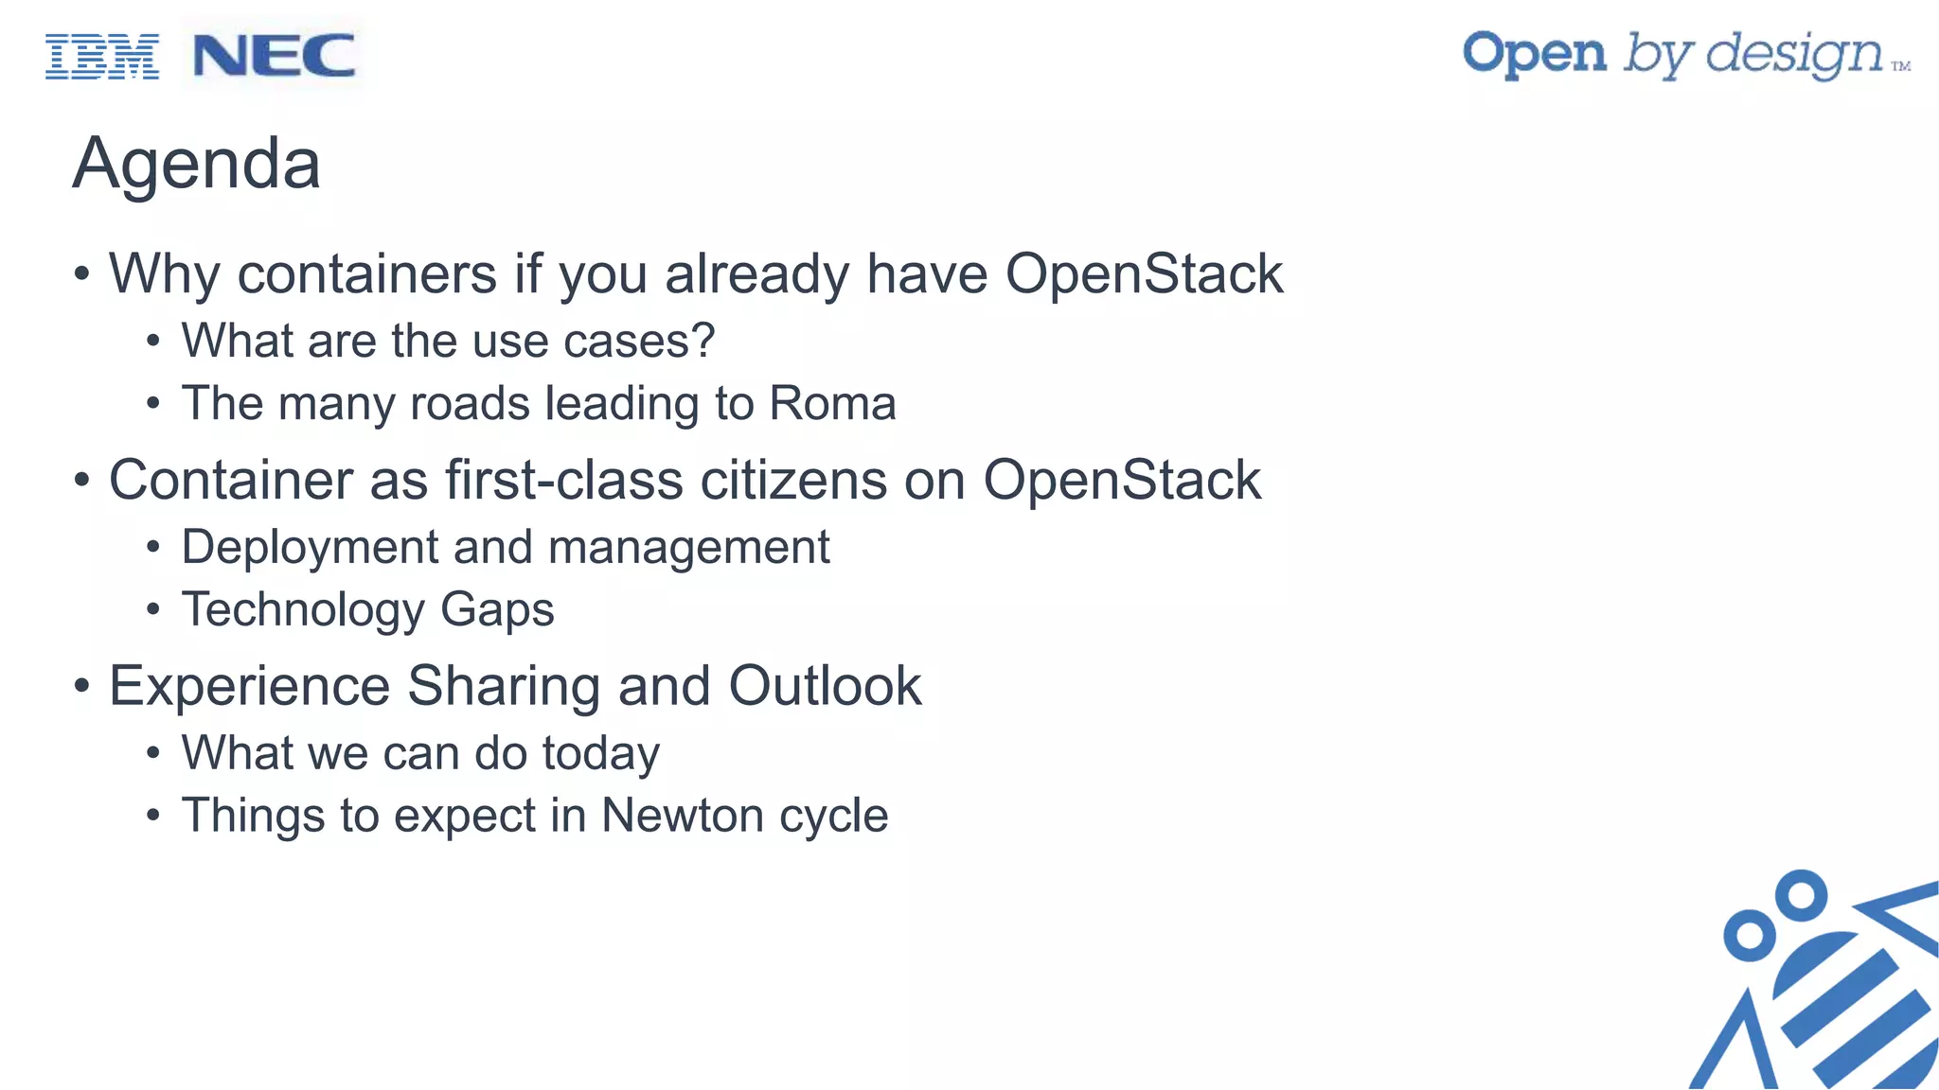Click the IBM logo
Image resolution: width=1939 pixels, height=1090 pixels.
[x=102, y=57]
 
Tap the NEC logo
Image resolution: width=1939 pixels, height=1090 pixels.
[x=274, y=56]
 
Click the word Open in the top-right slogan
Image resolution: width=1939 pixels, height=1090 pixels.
[x=1534, y=55]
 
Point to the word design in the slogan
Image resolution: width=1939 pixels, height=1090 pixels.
[x=1794, y=55]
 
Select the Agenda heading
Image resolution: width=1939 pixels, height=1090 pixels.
[x=197, y=164]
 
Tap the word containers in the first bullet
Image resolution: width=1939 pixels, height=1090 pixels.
[x=366, y=274]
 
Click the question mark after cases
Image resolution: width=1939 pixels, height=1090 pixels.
[x=703, y=341]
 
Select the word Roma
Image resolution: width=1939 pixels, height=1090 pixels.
[x=832, y=403]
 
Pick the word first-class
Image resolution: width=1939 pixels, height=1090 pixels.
[x=564, y=480]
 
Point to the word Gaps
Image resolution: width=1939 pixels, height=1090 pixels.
[x=497, y=610]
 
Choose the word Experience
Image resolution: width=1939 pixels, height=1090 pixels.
[x=249, y=686]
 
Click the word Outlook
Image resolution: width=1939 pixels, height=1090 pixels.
[x=825, y=686]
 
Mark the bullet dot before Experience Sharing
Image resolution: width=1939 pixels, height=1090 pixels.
[x=82, y=686]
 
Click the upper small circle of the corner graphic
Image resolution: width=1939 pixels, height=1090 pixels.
[x=1800, y=895]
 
